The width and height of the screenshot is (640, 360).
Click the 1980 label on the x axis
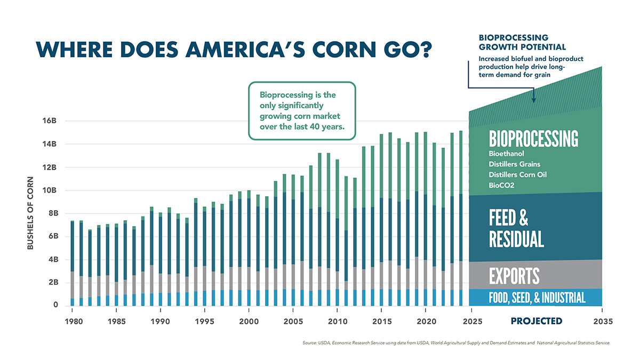point(73,321)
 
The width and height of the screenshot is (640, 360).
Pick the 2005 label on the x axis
point(293,321)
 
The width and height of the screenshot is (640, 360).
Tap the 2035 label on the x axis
point(602,321)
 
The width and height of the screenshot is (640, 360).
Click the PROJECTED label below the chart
point(536,321)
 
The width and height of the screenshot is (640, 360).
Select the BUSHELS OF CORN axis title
point(30,213)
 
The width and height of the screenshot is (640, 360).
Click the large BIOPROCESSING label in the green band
point(533,139)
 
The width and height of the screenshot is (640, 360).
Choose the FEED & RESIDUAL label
point(516,229)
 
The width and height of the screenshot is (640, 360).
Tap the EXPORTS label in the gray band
point(514,276)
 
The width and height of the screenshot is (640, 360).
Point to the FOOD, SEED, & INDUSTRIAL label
point(537,298)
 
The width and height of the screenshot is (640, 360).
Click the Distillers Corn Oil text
point(517,174)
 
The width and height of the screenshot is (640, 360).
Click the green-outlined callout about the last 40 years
point(301,111)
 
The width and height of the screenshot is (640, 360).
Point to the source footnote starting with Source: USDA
point(456,343)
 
